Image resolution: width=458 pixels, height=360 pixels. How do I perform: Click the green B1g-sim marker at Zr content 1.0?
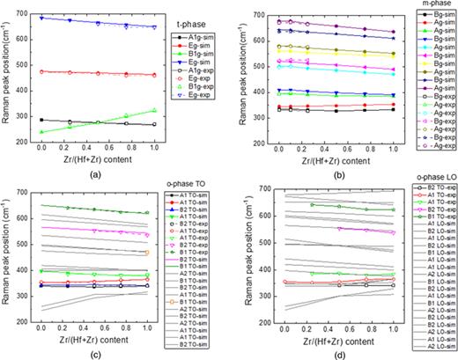(x=155, y=110)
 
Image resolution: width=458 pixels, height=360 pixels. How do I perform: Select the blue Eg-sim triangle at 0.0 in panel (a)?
(x=41, y=18)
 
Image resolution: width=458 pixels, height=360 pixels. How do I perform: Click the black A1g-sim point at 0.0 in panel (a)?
(x=41, y=120)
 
